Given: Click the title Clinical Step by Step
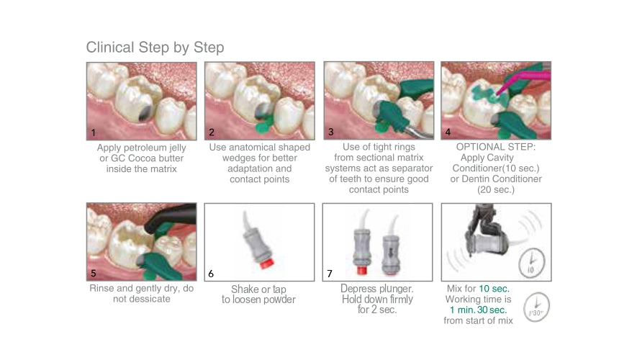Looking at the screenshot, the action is [x=155, y=48].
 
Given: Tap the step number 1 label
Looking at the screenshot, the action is [x=94, y=132].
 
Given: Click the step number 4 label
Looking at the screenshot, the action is [x=448, y=132].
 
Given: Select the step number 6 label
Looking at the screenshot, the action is [x=211, y=274].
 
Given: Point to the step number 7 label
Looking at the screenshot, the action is [x=330, y=274].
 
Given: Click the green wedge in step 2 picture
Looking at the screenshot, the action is [x=264, y=124].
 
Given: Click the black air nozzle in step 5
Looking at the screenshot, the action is [x=171, y=218].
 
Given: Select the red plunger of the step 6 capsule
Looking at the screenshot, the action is [x=266, y=263].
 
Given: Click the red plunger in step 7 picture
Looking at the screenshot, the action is [x=361, y=270].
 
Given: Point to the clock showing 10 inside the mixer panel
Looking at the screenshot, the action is [x=532, y=263].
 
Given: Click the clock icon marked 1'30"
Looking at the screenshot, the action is [x=536, y=307].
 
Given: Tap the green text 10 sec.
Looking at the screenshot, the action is [x=494, y=289].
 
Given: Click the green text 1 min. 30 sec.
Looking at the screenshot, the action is [x=478, y=310].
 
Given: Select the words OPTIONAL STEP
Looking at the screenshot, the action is [x=496, y=147].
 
